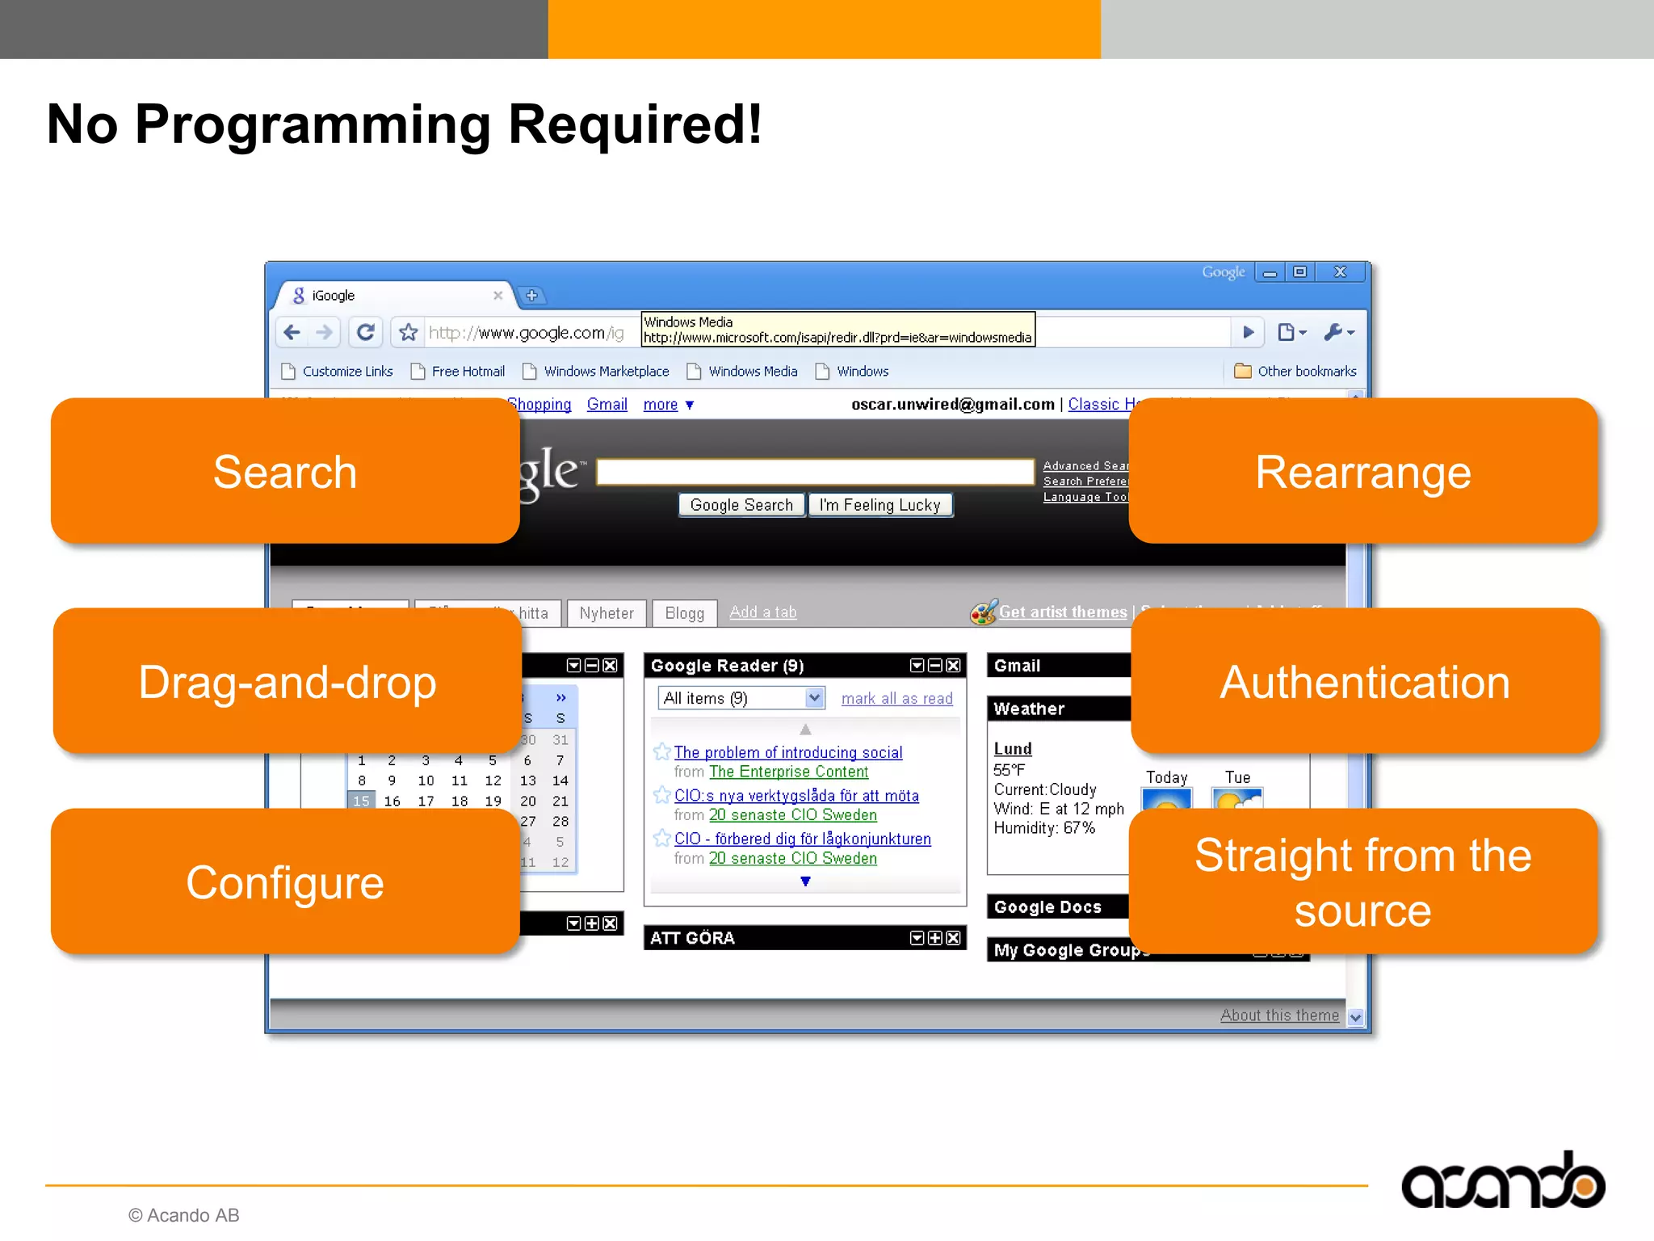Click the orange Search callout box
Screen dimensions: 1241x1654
(x=284, y=471)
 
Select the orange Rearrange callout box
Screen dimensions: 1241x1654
(x=1362, y=471)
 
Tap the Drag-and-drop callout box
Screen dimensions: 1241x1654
(x=287, y=681)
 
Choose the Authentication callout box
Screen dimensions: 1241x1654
(x=1364, y=681)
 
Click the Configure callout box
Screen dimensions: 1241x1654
(x=284, y=881)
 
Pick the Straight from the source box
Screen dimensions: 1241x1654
(x=1362, y=881)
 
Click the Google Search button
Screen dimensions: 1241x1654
(x=741, y=505)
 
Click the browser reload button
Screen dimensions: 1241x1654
(x=365, y=332)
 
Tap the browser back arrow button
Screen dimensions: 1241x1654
(x=292, y=332)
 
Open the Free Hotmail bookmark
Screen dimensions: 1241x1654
(x=467, y=372)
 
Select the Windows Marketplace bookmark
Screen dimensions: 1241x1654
(x=605, y=372)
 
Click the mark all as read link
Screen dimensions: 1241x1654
(x=896, y=699)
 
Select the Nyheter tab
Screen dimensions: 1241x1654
(x=606, y=613)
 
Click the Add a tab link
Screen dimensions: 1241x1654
(x=762, y=612)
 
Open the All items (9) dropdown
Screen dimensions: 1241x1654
(x=741, y=698)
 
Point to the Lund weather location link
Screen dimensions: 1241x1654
(x=1012, y=749)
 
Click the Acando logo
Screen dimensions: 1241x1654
(x=1502, y=1182)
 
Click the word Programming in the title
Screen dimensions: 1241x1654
(x=313, y=125)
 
